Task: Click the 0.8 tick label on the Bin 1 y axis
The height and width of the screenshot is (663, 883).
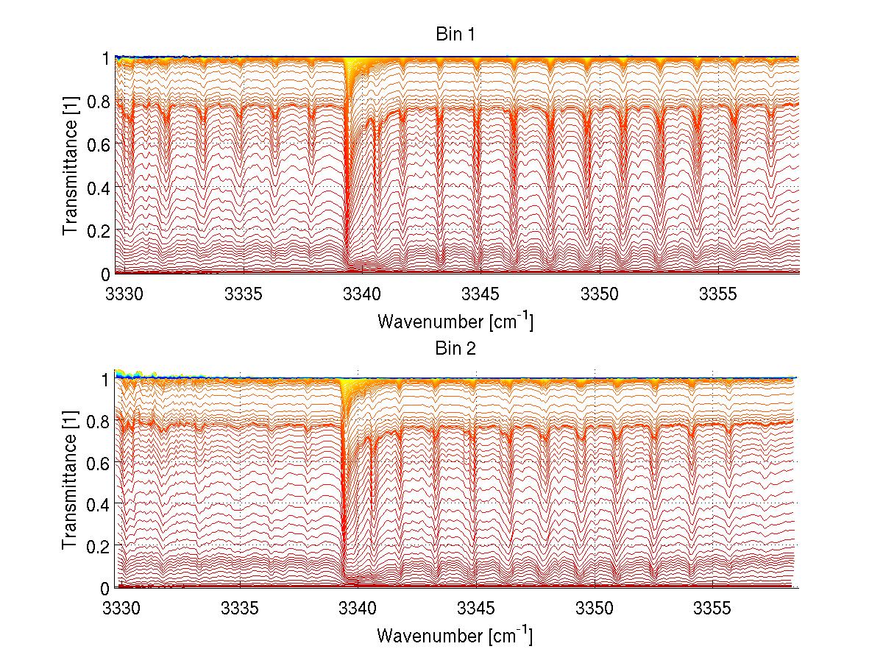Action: (x=97, y=101)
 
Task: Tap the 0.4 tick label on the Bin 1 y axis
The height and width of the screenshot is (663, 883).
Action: (x=97, y=187)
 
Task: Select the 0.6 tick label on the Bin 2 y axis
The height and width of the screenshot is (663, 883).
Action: (x=97, y=462)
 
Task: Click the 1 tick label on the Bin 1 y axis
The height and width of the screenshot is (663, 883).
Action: (x=106, y=58)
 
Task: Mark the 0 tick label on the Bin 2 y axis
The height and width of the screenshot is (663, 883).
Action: (x=106, y=588)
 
